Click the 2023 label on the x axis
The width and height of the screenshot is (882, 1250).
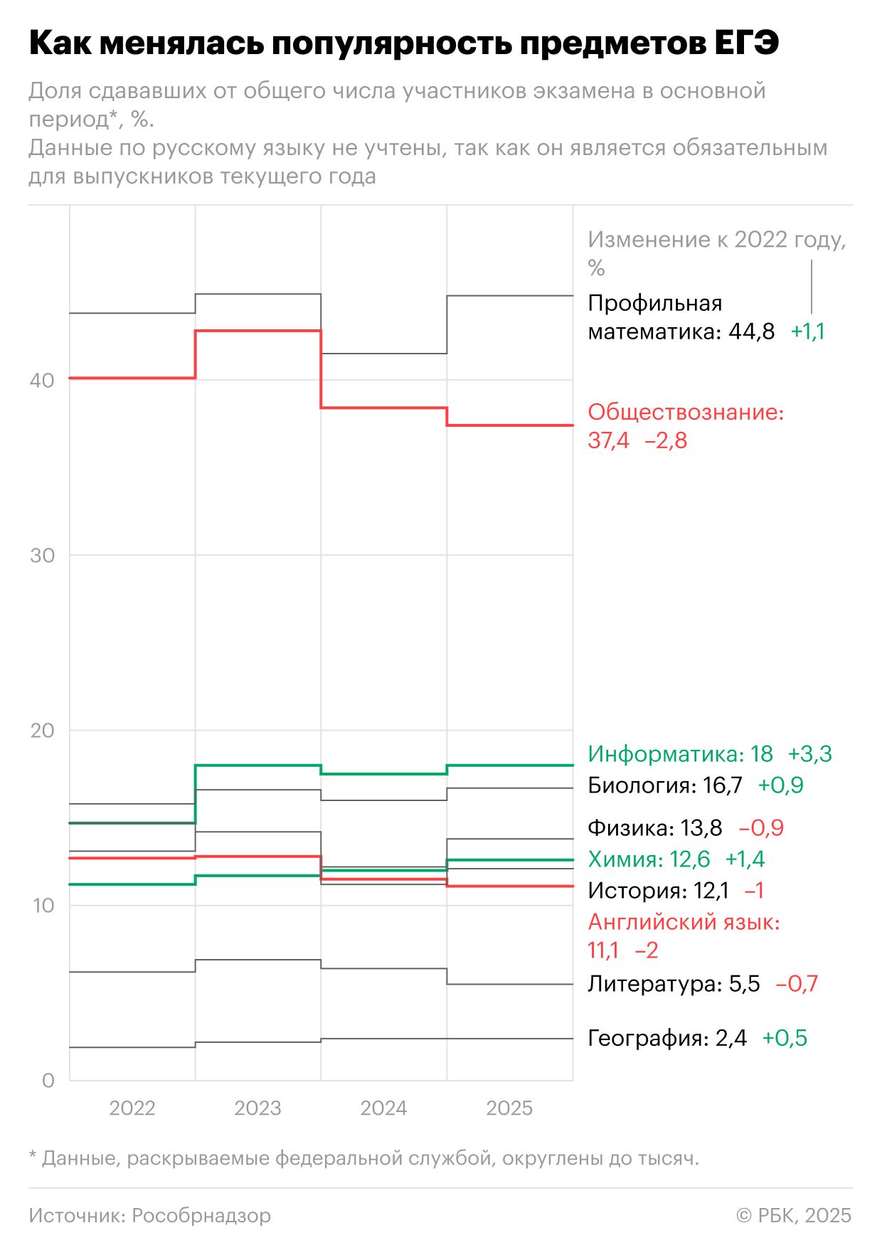(x=257, y=1108)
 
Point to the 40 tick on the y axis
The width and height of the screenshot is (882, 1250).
(x=42, y=380)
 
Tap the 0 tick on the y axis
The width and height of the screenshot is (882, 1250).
(x=48, y=1081)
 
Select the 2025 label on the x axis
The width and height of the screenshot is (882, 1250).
(x=509, y=1108)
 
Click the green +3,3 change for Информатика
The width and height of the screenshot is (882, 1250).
(x=809, y=754)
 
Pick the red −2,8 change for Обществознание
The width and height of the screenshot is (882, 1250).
(x=666, y=441)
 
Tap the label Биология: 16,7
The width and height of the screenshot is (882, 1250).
(x=664, y=785)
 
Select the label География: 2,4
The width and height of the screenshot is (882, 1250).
(x=666, y=1038)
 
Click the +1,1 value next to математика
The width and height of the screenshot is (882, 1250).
(x=808, y=332)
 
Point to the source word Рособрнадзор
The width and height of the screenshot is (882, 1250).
(x=201, y=1215)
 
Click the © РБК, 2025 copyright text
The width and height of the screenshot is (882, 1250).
(x=794, y=1215)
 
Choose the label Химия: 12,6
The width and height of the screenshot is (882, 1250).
(x=649, y=859)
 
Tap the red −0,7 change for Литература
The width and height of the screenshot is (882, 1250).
(x=797, y=984)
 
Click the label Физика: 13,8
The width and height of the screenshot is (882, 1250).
(x=654, y=828)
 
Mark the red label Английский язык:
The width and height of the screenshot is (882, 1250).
(x=684, y=922)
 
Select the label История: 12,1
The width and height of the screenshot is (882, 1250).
(x=658, y=891)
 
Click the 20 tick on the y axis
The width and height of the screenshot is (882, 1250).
(x=42, y=731)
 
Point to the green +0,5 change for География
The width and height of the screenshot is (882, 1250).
(x=785, y=1038)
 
